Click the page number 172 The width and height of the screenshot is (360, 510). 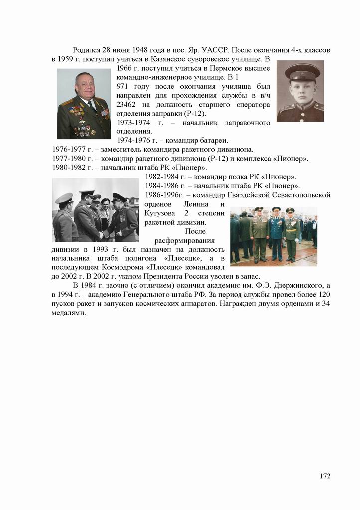point(325,476)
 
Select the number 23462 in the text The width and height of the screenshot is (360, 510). point(127,105)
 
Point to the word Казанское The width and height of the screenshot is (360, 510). point(164,59)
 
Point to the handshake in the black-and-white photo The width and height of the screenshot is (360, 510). point(103,233)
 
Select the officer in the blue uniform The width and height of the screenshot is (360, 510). point(276,233)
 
